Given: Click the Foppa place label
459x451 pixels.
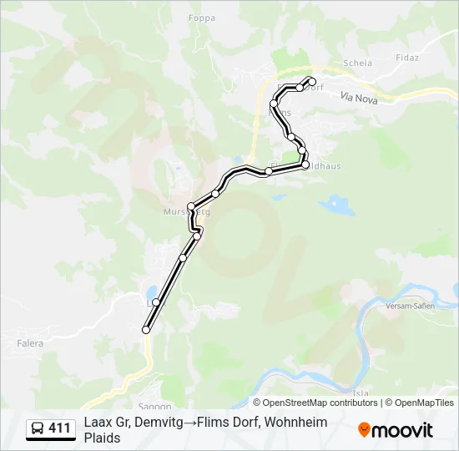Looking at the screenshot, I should (202, 18).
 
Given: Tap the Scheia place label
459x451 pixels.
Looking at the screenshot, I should (357, 63).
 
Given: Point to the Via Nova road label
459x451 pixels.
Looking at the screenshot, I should (359, 98).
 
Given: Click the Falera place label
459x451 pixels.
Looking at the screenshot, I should (30, 342).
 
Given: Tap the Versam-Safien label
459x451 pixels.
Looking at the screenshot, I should (406, 307).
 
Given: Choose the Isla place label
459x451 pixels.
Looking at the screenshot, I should (361, 393).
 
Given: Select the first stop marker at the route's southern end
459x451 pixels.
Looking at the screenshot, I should (146, 330).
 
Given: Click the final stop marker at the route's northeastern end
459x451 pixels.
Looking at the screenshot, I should (312, 81).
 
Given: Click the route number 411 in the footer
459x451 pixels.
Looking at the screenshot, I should (59, 428).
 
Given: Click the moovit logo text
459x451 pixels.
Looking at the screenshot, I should (402, 430).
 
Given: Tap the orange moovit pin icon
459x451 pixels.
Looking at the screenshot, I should (364, 430).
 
